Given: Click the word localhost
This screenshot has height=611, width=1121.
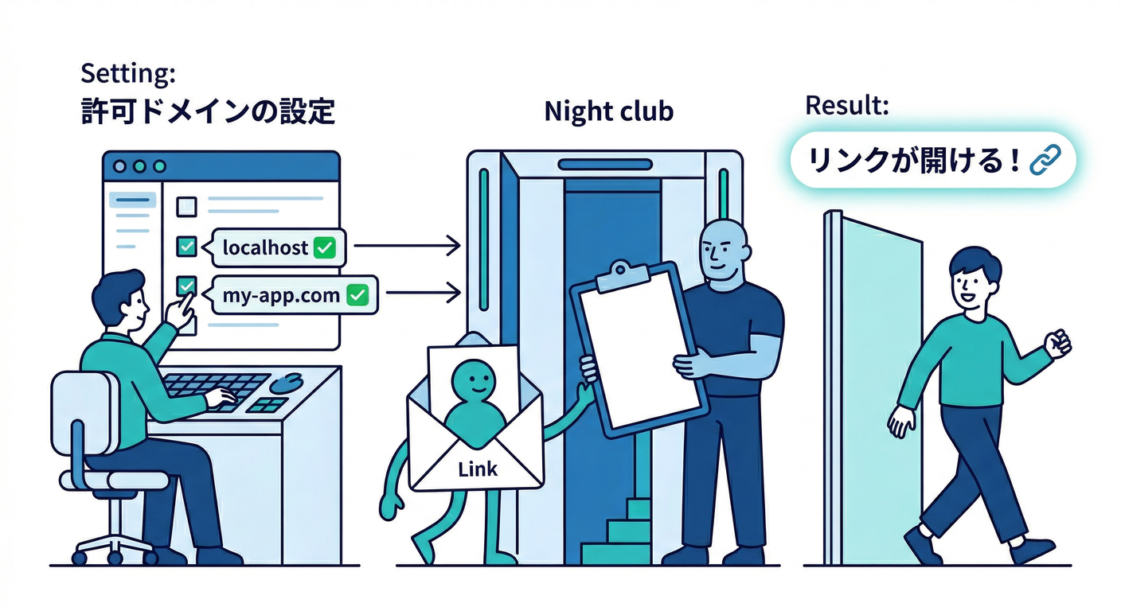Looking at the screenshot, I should pos(265,248).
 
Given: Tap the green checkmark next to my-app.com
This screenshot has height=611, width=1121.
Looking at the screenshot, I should pos(358,296).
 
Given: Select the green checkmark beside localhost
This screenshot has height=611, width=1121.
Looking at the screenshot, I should pos(324,248).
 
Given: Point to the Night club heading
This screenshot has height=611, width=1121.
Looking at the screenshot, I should pos(608,112).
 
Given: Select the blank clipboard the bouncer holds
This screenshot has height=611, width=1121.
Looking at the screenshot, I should pos(637,350).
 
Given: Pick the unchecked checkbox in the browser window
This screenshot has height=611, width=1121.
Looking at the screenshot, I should pos(186,207).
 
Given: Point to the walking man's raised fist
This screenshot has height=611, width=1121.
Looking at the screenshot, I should pos(1059,343).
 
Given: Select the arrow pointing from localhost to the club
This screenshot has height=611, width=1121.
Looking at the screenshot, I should pos(406,247).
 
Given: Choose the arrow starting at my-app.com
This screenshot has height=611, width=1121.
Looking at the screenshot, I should pos(421,295).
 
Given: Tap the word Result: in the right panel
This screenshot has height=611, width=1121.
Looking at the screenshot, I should pos(847,105).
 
